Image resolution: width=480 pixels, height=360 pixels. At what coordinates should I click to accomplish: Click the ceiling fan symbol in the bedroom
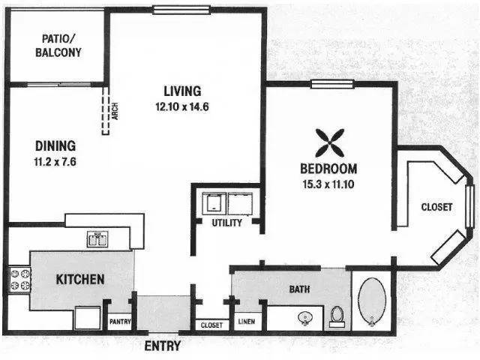tap(330, 143)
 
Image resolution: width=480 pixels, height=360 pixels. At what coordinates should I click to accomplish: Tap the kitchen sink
tap(97, 239)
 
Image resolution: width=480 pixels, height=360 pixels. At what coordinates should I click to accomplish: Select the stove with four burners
tap(20, 279)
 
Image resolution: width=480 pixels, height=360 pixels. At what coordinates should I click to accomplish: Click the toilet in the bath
tap(337, 316)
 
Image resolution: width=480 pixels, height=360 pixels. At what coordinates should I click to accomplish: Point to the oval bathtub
tap(372, 301)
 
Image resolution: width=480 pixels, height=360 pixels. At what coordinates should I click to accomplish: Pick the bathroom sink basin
tap(305, 318)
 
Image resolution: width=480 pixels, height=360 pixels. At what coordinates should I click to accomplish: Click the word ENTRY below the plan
tap(163, 346)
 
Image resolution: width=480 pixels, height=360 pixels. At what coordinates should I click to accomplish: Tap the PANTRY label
tap(120, 322)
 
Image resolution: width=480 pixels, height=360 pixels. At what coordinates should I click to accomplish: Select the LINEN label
tap(247, 322)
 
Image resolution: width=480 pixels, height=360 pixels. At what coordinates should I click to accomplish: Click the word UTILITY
tap(226, 223)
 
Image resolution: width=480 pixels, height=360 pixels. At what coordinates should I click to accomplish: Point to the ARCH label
tap(115, 111)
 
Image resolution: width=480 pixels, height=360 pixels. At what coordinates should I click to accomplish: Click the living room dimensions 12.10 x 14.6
tap(182, 106)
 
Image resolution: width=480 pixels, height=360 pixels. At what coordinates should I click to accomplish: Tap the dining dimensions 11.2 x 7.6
tap(55, 162)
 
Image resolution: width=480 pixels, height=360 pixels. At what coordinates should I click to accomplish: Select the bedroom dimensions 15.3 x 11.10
tap(328, 184)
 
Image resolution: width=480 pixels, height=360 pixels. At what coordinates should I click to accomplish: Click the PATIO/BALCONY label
tap(58, 46)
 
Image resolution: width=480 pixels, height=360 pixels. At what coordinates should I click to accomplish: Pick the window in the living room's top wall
tap(181, 10)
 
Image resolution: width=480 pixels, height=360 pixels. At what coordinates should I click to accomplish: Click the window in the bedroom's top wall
tap(332, 84)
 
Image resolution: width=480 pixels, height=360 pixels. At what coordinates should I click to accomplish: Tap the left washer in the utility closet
tap(214, 203)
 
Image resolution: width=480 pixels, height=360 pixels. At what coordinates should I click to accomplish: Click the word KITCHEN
tap(80, 280)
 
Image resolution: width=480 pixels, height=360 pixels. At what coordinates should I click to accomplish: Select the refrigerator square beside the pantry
tap(87, 318)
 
